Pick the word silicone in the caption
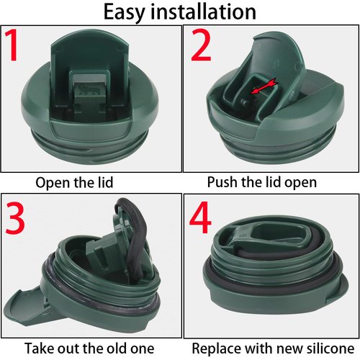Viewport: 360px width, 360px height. click(x=323, y=348)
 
